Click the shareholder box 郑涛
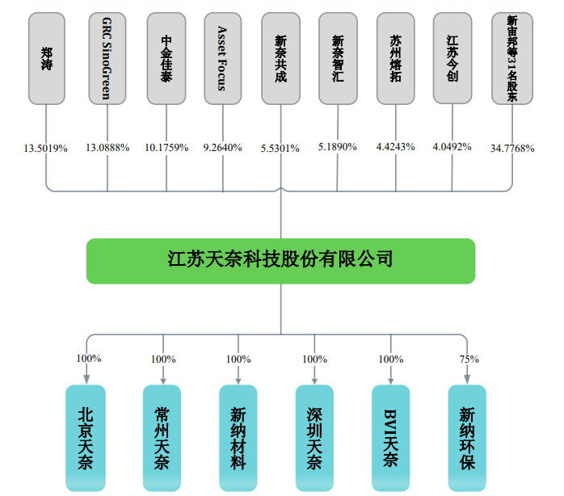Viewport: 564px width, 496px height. (47, 58)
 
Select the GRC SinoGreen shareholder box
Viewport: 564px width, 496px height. (107, 58)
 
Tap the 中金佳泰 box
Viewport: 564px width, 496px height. (166, 58)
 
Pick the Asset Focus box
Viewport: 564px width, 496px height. (222, 58)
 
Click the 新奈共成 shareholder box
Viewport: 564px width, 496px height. (280, 58)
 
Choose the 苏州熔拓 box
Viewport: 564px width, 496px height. (395, 58)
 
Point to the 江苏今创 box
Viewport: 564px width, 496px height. (452, 58)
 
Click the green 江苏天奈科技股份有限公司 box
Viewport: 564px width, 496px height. (280, 260)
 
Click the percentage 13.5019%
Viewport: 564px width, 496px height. (46, 149)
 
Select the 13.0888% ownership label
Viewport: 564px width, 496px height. (107, 148)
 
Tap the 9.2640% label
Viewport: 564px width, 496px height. (222, 148)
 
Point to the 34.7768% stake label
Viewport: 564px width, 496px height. (512, 149)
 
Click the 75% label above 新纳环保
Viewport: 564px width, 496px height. (469, 359)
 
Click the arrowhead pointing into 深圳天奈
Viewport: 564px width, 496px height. (314, 379)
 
